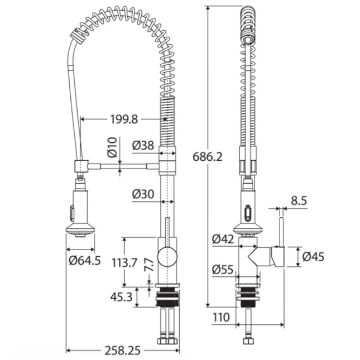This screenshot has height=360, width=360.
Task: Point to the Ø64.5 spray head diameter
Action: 85,260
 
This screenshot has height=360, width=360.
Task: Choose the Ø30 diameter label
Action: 143,194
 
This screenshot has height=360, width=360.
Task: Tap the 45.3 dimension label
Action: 122,297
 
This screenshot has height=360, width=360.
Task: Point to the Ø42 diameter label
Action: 223,239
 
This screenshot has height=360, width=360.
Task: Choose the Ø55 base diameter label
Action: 223,269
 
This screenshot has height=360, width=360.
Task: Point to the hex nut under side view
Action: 247,342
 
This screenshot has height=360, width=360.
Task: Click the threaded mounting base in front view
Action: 168,297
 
